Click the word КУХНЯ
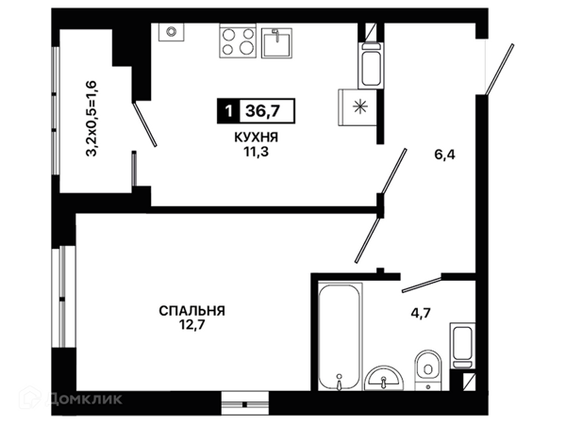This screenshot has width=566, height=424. pos(257,138)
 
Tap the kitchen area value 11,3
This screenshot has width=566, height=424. pos(257,152)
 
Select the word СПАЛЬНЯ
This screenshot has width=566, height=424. pos(192,310)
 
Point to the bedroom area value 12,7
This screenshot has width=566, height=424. pos(192,325)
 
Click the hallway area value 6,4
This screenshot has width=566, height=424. pos(444,155)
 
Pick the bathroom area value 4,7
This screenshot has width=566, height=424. pos(421,313)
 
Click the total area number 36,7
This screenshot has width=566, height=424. pos(262,110)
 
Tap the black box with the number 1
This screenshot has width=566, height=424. pos(227,110)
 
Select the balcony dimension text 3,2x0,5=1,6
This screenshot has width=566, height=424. pos(92,119)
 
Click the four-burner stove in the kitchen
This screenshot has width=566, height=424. pos(238,41)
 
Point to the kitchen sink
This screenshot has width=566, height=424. pos(276,43)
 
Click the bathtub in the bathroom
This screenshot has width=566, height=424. pos(340,336)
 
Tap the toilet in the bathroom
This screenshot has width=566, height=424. pos(428,368)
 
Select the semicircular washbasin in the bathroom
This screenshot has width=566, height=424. pos(384,378)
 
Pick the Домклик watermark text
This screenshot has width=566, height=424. pos(85,399)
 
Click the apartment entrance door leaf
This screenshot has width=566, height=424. pos(499,70)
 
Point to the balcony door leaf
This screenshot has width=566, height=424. pos(144,124)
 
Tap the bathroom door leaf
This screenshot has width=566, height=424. pos(422,285)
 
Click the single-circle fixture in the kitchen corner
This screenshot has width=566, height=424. pos(171,32)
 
